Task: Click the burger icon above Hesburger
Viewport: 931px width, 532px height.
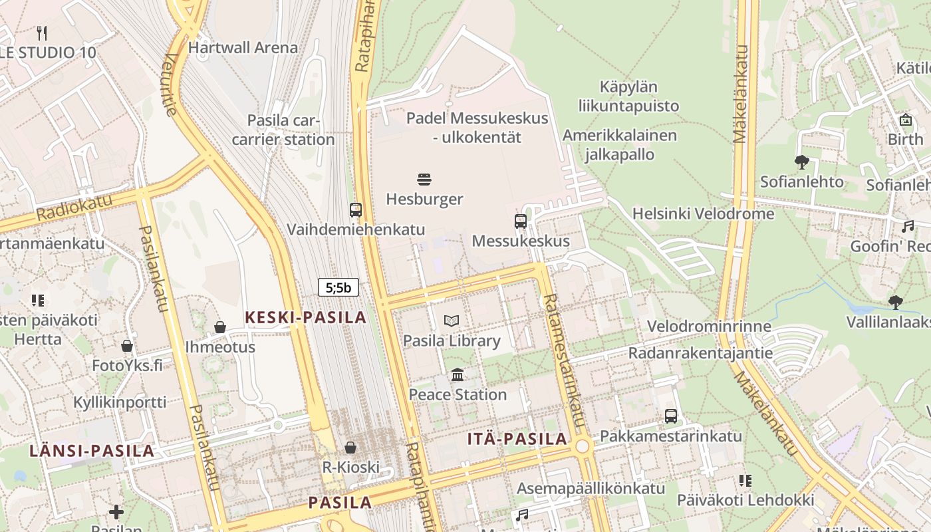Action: click(425, 179)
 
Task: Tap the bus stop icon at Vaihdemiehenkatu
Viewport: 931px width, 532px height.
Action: click(356, 210)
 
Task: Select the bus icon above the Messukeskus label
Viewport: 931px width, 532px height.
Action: click(521, 221)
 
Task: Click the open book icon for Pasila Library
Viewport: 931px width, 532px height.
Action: click(452, 321)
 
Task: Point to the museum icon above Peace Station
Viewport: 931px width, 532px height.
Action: click(458, 375)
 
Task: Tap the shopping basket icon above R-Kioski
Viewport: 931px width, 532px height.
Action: click(350, 448)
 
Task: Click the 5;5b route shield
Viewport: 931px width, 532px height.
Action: click(338, 287)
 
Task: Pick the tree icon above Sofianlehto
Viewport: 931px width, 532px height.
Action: click(802, 162)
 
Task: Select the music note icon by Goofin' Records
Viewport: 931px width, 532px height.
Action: click(908, 227)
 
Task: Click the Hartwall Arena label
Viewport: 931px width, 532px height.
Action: click(243, 48)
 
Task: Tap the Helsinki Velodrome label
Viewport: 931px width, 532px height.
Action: click(703, 213)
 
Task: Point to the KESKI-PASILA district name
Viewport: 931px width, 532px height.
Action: click(306, 317)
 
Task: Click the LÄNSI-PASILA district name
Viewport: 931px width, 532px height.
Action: click(92, 450)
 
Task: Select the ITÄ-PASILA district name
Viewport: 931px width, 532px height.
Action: click(517, 438)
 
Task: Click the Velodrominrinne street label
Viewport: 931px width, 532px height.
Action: click(709, 327)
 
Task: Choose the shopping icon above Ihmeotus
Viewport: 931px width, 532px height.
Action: click(220, 327)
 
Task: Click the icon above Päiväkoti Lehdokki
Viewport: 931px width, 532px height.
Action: click(745, 480)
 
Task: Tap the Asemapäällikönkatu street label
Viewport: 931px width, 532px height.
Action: click(591, 488)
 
